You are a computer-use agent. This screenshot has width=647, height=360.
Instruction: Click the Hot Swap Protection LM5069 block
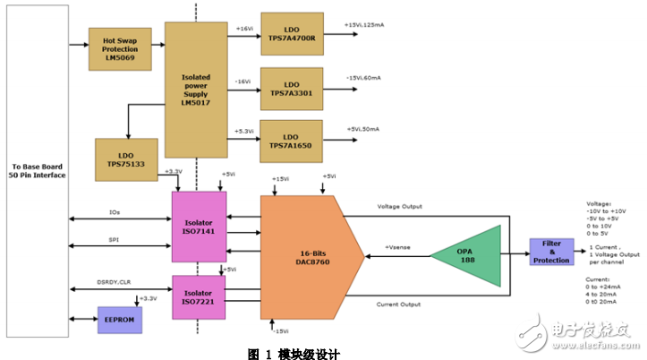pyautogui.click(x=121, y=49)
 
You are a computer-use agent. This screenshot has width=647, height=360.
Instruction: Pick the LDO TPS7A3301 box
pyautogui.click(x=291, y=86)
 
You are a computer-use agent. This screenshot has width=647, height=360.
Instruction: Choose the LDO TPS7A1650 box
pyautogui.click(x=291, y=140)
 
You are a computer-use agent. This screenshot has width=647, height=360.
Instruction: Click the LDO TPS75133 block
pyautogui.click(x=127, y=159)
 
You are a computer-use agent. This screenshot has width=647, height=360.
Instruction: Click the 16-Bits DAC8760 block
pyautogui.click(x=309, y=256)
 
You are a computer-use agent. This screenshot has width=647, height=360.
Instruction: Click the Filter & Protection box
pyautogui.click(x=551, y=253)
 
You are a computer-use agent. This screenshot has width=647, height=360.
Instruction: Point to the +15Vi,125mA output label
pyautogui.click(x=368, y=25)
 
